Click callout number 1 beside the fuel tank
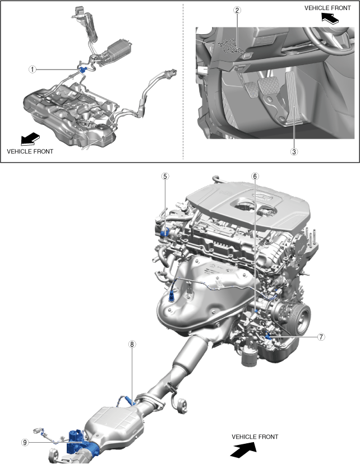point(32,69)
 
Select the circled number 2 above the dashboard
point(237,10)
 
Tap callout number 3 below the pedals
point(294,152)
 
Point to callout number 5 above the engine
point(165,177)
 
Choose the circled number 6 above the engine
point(255,177)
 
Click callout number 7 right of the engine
point(321,337)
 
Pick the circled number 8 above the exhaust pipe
point(132,344)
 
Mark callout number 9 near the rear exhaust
point(25,442)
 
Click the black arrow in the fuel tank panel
point(30,138)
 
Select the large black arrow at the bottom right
point(243,449)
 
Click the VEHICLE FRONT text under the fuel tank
point(30,151)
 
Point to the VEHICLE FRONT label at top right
point(327,8)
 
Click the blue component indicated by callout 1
point(82,69)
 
